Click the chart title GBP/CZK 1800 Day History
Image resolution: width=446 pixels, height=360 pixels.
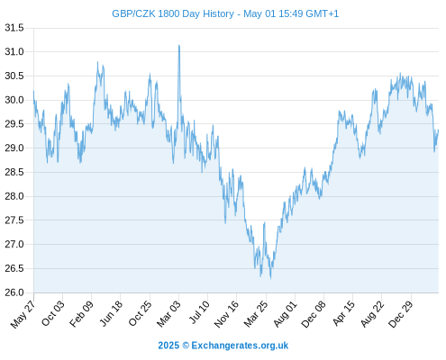click(x=173, y=14)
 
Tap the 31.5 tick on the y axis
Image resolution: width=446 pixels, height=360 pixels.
click(x=14, y=28)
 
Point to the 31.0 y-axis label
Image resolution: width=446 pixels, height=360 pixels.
click(x=14, y=52)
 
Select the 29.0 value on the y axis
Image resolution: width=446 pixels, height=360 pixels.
click(x=14, y=148)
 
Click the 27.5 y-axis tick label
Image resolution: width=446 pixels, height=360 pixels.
click(x=14, y=220)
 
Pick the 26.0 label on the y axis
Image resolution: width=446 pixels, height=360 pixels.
click(x=14, y=292)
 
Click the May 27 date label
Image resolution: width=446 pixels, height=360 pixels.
click(x=23, y=313)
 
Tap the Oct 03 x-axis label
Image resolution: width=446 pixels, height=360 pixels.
click(x=53, y=313)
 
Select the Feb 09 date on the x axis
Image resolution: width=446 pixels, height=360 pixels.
click(x=81, y=313)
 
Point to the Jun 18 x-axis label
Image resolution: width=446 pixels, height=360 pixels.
click(x=111, y=313)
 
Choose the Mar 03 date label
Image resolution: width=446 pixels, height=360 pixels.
click(x=168, y=313)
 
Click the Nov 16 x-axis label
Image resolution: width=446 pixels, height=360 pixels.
click(x=226, y=313)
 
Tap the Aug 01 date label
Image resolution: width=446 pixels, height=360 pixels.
click(x=285, y=313)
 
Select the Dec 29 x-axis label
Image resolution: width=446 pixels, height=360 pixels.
click(x=401, y=313)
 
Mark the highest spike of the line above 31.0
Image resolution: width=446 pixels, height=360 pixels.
click(x=179, y=45)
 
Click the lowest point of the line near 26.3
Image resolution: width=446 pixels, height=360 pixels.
click(x=270, y=279)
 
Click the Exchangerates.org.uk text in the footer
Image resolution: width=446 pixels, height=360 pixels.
click(x=240, y=346)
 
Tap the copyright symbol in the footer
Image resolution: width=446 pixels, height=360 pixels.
click(x=186, y=346)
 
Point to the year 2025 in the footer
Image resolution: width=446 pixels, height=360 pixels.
click(x=168, y=346)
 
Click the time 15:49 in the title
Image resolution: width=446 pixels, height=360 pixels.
click(x=291, y=14)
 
